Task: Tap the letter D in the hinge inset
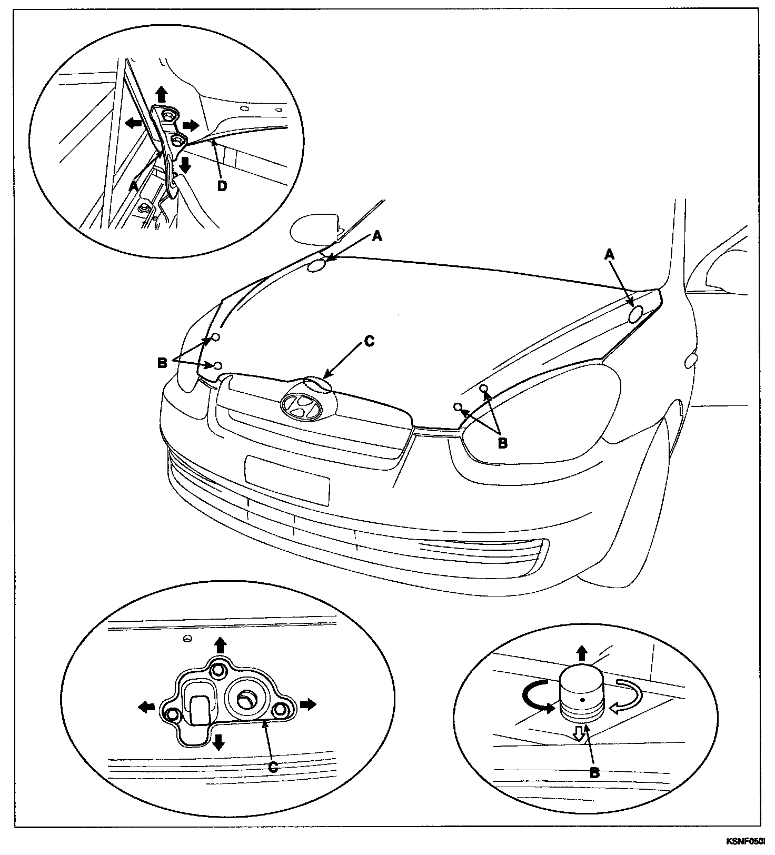[x=222, y=186]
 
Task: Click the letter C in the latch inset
[x=272, y=768]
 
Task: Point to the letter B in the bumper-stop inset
[x=594, y=773]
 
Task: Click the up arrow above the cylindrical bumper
[x=582, y=653]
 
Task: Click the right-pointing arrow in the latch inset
[x=308, y=703]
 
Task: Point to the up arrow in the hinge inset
[x=162, y=94]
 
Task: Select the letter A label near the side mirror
[x=376, y=237]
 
